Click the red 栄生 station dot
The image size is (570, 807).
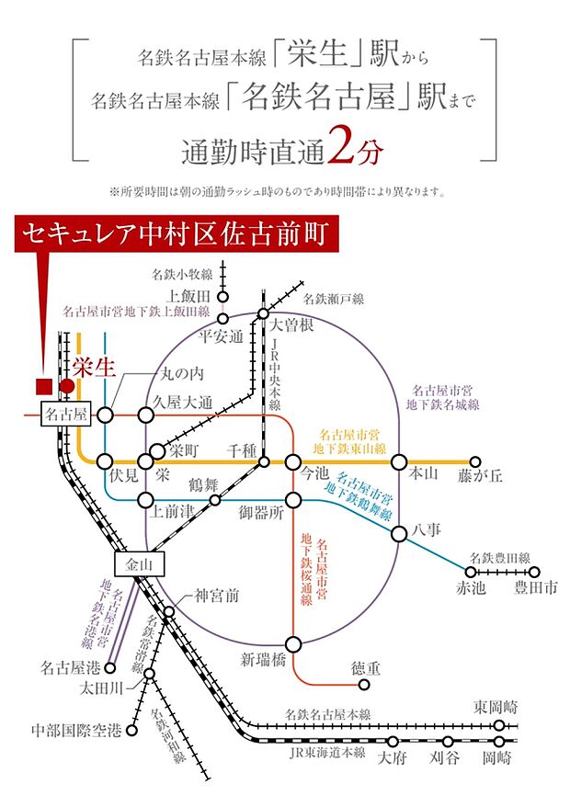pos(67,386)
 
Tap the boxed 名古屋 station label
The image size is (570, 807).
pos(67,415)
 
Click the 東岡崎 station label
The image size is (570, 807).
pos(496,707)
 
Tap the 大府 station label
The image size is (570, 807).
pos(393,758)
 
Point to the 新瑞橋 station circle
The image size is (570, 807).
pos(293,644)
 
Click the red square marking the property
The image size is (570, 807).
pos(42,386)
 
